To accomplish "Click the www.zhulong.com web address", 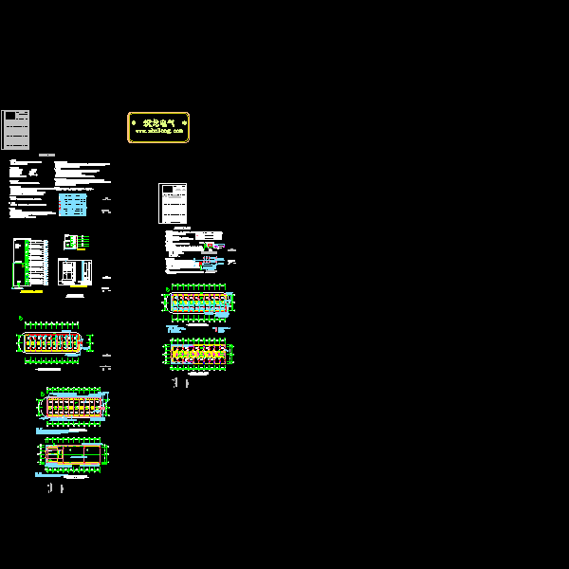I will pos(158,132).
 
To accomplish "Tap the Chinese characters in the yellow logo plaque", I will pos(158,122).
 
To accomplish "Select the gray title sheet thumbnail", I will pos(15,130).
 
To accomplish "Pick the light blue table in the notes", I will pos(72,204).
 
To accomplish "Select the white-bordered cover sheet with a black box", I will pos(173,203).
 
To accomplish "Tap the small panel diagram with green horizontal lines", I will pos(77,242).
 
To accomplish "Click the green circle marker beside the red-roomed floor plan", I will pos(20,319).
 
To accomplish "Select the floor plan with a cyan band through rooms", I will pos(199,302).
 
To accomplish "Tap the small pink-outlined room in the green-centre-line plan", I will pos(53,455).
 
